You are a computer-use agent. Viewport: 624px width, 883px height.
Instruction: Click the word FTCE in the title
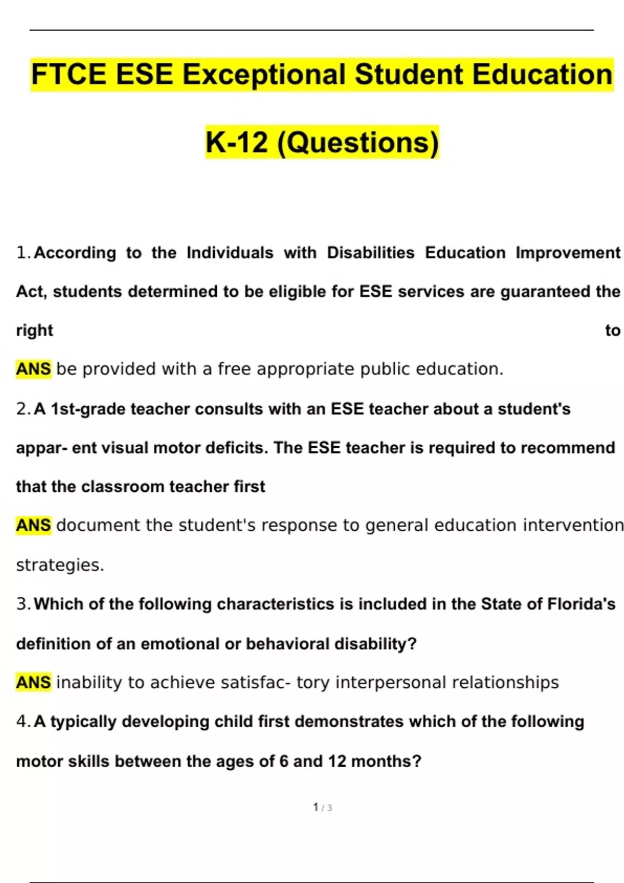pos(69,74)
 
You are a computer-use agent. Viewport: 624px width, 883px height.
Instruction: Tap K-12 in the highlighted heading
pos(237,142)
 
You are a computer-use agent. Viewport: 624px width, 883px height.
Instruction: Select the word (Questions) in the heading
pos(358,142)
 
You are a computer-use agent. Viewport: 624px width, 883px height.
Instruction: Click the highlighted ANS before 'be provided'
pos(33,369)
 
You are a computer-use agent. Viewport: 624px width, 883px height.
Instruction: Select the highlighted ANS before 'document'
pos(33,525)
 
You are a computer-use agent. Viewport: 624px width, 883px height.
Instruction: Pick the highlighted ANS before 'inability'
pos(33,683)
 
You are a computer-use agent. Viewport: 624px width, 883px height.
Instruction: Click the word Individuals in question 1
pos(230,253)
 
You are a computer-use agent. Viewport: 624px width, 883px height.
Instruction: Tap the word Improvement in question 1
pos(568,253)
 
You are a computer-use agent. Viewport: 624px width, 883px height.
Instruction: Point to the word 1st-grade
pos(88,409)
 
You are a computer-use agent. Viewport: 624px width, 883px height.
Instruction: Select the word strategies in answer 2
pos(60,565)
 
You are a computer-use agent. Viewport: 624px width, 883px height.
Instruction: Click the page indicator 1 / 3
pos(322,807)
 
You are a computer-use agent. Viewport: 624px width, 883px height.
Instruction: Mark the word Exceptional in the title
pos(264,74)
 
